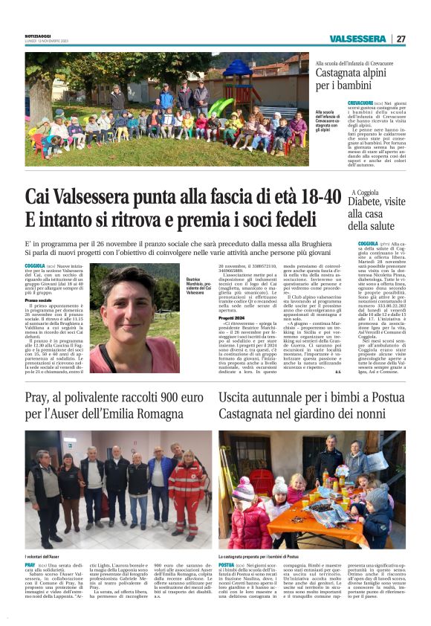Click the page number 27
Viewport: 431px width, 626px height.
pyautogui.click(x=401, y=39)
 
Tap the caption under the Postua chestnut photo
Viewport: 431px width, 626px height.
pyautogui.click(x=259, y=555)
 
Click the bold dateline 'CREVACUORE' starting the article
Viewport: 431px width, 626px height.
pyautogui.click(x=331, y=103)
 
